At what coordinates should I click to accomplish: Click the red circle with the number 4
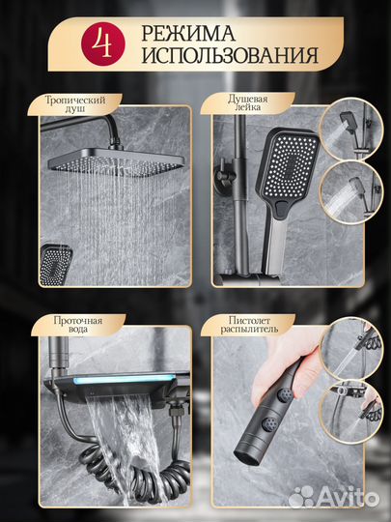(x=103, y=43)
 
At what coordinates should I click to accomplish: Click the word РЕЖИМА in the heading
(x=188, y=34)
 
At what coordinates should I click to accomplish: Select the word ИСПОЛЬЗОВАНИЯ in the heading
(x=230, y=54)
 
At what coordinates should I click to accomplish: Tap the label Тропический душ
(x=75, y=104)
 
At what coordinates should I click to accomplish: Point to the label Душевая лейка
(x=248, y=102)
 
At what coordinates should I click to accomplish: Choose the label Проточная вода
(x=78, y=325)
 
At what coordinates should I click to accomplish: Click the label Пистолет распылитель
(x=249, y=325)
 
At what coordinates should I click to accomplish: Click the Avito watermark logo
(x=333, y=498)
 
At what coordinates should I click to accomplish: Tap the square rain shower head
(x=116, y=161)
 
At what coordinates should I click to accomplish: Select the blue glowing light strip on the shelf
(x=124, y=379)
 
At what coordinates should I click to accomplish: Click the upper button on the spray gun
(x=286, y=395)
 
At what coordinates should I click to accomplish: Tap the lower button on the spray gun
(x=269, y=423)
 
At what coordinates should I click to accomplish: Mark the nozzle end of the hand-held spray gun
(x=246, y=458)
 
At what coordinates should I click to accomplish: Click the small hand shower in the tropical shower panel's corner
(x=55, y=265)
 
